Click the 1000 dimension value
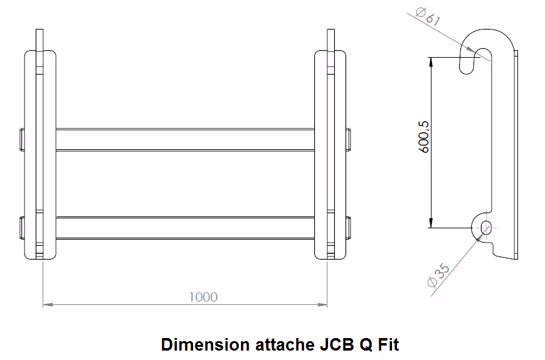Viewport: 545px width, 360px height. tap(203, 297)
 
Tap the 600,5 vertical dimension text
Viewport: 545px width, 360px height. tap(424, 137)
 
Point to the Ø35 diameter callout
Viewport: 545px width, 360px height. tap(438, 275)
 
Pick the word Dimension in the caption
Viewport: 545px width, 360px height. tap(205, 345)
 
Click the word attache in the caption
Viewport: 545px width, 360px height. tap(285, 345)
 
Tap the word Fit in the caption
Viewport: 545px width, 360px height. tap(389, 345)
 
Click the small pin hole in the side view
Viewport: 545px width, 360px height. tap(486, 228)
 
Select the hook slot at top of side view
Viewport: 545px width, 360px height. tap(475, 61)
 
